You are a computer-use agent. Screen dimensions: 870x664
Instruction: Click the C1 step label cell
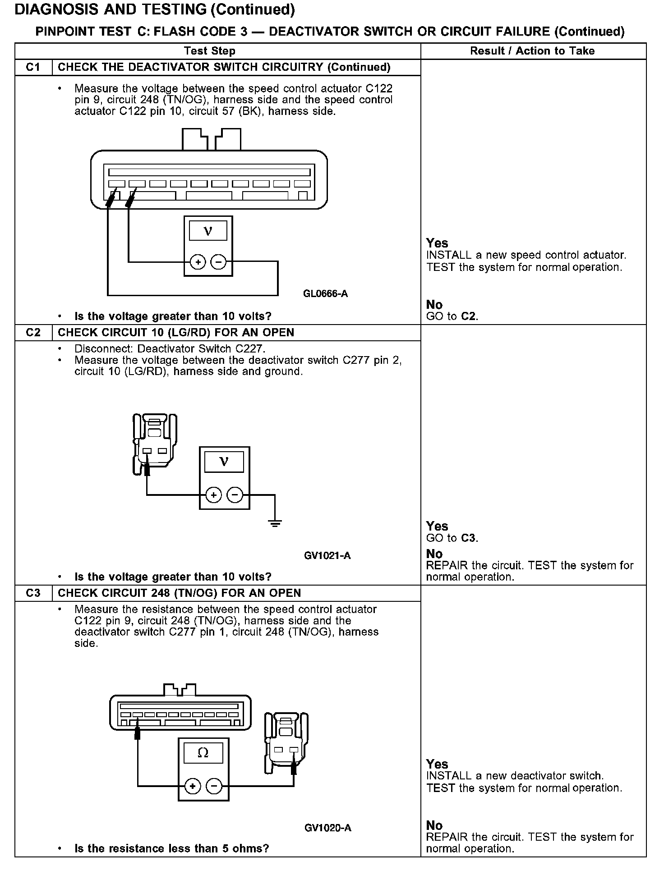point(33,67)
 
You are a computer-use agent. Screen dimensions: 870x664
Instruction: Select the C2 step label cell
point(33,332)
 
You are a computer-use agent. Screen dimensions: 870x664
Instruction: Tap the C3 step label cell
point(33,593)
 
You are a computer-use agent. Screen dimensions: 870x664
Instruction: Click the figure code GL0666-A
point(325,294)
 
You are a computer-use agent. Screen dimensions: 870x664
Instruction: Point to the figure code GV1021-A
point(327,555)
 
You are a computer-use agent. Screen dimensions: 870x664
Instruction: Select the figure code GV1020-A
point(327,828)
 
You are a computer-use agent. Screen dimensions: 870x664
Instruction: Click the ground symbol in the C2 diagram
point(275,523)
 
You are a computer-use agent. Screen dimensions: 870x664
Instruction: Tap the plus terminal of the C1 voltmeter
point(198,262)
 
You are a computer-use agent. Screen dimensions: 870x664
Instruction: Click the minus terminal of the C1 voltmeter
point(218,262)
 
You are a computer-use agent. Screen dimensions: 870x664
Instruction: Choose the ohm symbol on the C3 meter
point(203,753)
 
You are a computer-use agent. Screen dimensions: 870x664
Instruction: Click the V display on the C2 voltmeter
point(224,462)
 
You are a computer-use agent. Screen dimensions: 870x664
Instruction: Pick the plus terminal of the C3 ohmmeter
point(193,787)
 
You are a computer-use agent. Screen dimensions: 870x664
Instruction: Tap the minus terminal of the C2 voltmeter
point(235,495)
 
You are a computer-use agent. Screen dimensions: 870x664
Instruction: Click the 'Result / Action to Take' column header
point(532,51)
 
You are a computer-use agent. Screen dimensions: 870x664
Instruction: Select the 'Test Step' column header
point(210,51)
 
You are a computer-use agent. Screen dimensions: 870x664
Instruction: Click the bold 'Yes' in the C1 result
point(437,243)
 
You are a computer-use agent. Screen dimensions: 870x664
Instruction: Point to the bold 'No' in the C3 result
point(434,825)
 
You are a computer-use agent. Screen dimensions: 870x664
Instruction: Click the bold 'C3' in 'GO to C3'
point(469,538)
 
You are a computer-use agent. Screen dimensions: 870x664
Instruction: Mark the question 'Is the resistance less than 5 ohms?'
point(171,848)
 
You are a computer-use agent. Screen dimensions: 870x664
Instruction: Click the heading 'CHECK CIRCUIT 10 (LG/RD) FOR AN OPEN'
point(176,332)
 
